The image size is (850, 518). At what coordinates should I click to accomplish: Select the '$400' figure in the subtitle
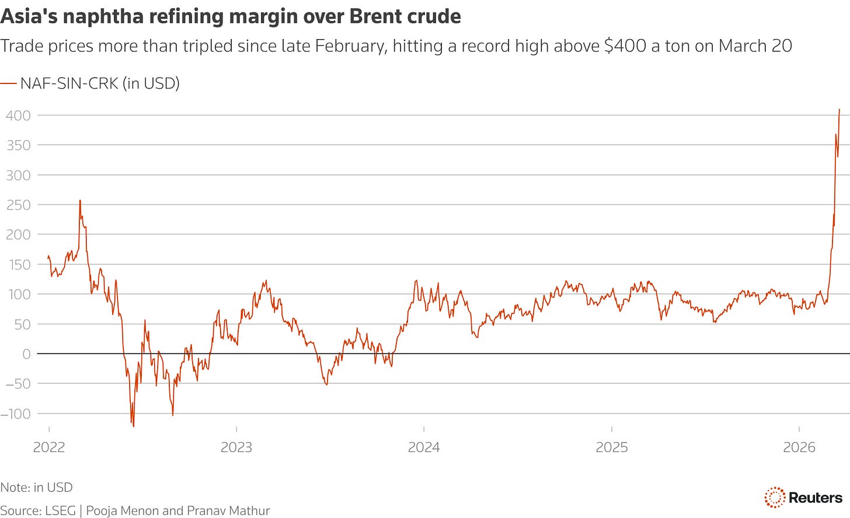coord(625,45)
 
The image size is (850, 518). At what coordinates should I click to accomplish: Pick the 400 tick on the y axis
coord(18,116)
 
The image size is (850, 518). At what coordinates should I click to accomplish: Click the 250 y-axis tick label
coord(18,205)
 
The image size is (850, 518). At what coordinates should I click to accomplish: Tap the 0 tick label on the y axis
coord(26,354)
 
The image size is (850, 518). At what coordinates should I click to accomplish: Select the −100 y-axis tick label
coord(15,414)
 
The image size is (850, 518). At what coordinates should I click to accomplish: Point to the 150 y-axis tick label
coord(18,264)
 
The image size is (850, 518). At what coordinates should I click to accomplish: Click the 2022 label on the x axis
coord(49,447)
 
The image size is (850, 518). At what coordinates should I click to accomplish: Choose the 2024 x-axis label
coord(424,447)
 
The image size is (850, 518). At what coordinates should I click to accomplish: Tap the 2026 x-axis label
coord(799,447)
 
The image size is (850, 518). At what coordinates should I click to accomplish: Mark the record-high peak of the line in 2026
coord(839,110)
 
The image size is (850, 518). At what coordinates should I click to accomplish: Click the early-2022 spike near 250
coord(80,201)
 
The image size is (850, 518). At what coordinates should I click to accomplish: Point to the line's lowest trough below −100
coord(133,426)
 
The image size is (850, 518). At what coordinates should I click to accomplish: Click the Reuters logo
coord(803,498)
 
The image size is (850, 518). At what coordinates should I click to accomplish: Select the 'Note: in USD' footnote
coord(36,487)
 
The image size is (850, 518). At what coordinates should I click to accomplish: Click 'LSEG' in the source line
coord(60,510)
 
